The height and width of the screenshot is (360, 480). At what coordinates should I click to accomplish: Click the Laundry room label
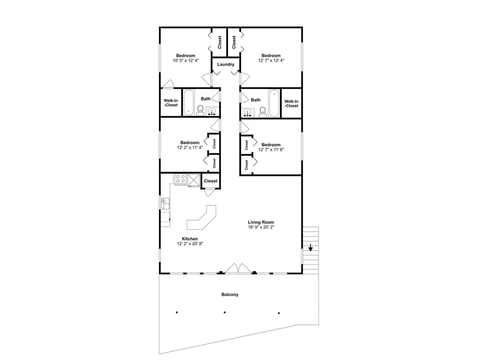click(226, 64)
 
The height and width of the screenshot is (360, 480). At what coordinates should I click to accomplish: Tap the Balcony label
click(230, 294)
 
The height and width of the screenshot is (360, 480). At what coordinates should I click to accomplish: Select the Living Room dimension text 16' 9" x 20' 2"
click(261, 227)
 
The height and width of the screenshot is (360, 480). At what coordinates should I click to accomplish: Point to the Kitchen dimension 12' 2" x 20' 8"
click(189, 244)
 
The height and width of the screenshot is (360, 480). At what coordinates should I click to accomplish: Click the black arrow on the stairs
click(310, 247)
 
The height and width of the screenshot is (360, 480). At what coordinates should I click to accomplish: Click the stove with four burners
click(180, 179)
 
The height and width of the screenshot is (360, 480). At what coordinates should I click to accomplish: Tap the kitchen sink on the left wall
click(165, 203)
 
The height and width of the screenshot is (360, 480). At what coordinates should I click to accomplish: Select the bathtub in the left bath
click(188, 103)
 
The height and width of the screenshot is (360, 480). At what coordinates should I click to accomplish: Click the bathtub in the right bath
click(274, 103)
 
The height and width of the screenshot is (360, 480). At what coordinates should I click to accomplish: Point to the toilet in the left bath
click(200, 110)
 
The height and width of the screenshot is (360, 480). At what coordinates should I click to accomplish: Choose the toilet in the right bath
click(262, 111)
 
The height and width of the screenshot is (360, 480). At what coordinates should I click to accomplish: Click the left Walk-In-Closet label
click(171, 103)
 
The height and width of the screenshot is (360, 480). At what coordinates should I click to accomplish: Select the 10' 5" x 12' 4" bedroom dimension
click(185, 60)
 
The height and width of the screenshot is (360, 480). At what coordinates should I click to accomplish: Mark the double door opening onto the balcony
click(238, 269)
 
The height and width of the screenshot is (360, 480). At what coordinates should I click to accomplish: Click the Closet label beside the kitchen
click(210, 181)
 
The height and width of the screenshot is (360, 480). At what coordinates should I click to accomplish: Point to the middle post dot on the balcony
click(224, 312)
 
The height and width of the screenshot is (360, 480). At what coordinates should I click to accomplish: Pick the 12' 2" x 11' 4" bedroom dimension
click(189, 147)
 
